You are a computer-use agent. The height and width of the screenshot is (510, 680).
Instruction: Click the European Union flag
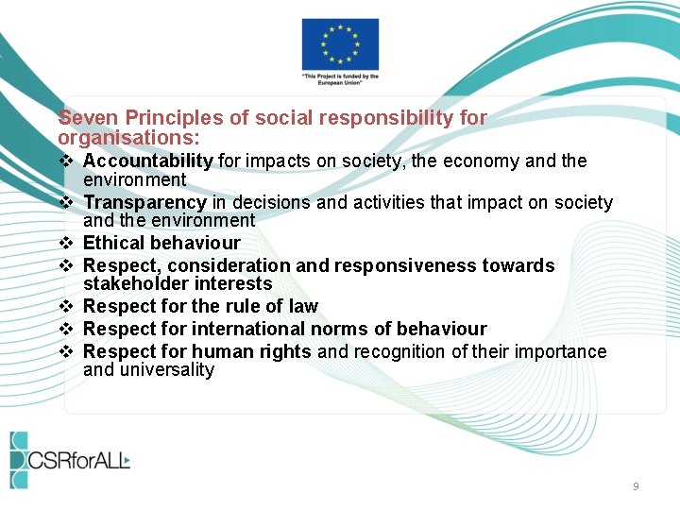point(340,43)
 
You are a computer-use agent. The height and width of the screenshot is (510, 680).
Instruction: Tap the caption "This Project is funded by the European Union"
point(340,79)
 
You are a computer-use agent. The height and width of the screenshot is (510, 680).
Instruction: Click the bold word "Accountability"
point(148,161)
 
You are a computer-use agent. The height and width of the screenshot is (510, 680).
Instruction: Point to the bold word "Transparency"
point(144,202)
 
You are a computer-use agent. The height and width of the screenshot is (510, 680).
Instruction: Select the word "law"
point(303,306)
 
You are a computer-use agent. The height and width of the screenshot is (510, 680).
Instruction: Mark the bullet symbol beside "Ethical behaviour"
point(66,244)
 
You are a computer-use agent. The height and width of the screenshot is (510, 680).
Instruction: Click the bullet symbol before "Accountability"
point(66,161)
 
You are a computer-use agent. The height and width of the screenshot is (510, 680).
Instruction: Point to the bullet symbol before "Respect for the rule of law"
point(66,306)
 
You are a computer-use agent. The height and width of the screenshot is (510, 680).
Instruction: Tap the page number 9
point(636,486)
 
